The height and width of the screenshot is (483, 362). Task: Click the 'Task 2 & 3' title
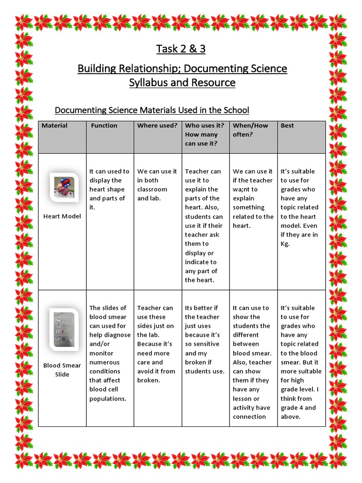[x=181, y=49]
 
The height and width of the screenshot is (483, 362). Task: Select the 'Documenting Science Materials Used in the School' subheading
[x=152, y=110]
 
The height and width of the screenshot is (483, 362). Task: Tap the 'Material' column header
[x=54, y=125]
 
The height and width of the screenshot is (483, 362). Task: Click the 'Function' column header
[x=104, y=125]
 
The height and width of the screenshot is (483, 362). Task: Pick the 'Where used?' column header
[x=157, y=125]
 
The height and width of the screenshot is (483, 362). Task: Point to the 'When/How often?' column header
[x=250, y=130]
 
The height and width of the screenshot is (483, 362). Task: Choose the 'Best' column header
[x=287, y=125]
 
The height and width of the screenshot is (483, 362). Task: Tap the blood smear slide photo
[x=64, y=329]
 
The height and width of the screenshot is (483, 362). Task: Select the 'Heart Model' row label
[x=62, y=217]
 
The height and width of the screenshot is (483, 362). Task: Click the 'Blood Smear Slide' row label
[x=62, y=370]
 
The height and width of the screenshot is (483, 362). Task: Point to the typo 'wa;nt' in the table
[x=242, y=189]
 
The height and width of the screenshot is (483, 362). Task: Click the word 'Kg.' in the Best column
[x=285, y=244]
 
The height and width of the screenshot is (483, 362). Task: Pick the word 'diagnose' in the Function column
[x=117, y=335]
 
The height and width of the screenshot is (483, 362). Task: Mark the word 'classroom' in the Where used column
[x=152, y=189]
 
